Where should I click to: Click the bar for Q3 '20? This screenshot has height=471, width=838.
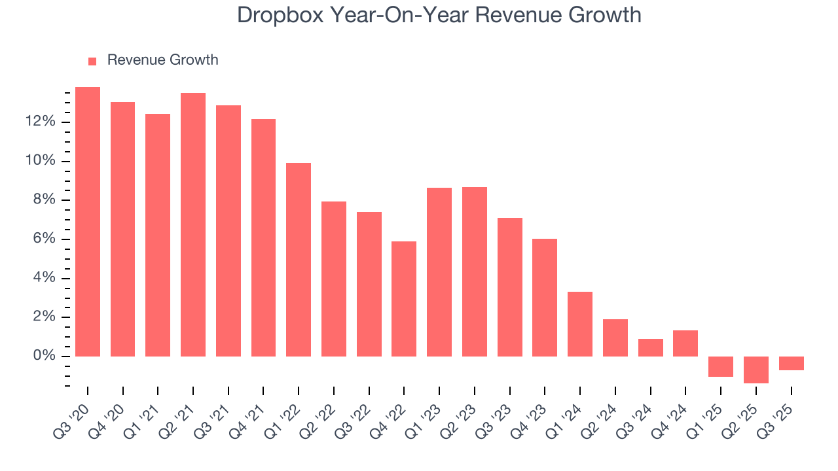click(x=88, y=222)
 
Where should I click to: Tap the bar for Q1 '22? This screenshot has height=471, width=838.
click(x=299, y=260)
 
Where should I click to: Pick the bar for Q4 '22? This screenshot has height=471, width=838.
click(x=404, y=299)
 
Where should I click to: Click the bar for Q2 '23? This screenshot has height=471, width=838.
click(x=475, y=271)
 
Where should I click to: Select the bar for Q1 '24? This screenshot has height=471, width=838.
click(x=580, y=324)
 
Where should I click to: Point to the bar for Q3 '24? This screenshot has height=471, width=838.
click(x=650, y=347)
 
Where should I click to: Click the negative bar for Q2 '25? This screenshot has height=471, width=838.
click(x=756, y=370)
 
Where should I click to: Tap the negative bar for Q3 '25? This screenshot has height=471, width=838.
click(x=791, y=363)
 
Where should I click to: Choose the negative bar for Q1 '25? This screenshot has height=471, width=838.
click(x=721, y=366)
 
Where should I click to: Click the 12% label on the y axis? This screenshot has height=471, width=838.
click(x=40, y=122)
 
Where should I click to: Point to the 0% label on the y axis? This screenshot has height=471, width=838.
click(x=44, y=356)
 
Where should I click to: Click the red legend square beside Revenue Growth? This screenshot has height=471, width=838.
click(x=92, y=61)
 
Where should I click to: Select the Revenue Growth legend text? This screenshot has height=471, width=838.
click(x=162, y=60)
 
